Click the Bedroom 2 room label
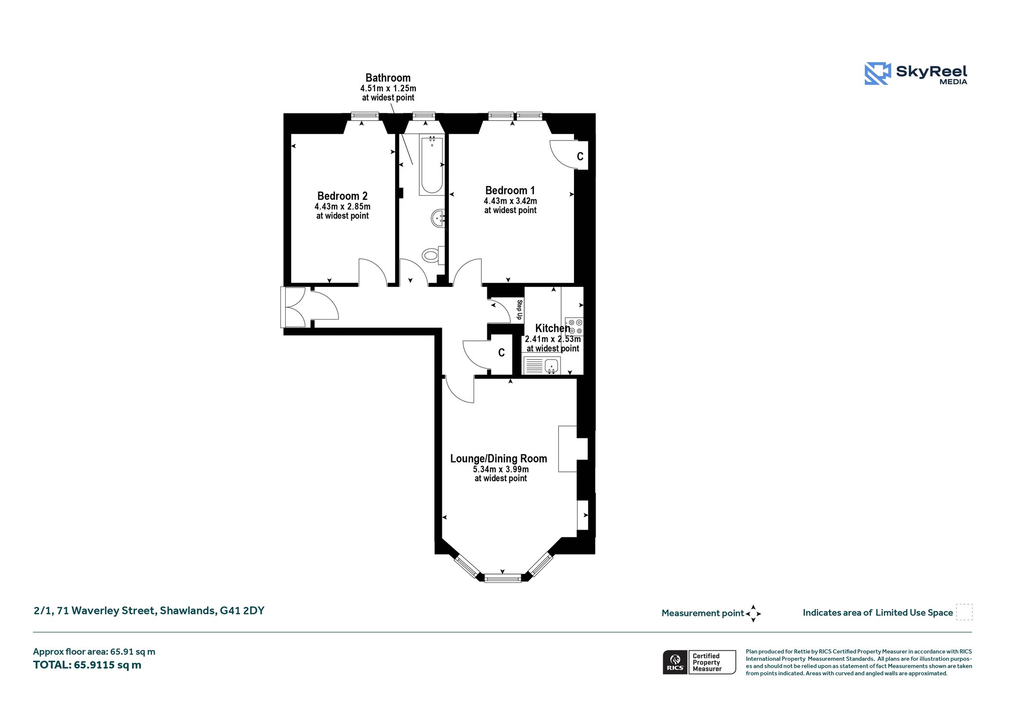pyautogui.click(x=342, y=196)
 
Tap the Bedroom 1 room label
pyautogui.click(x=510, y=190)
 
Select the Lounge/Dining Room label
pyautogui.click(x=499, y=459)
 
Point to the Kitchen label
pyautogui.click(x=553, y=328)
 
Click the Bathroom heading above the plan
pyautogui.click(x=388, y=78)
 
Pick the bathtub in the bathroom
pyautogui.click(x=432, y=165)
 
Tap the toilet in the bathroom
pyautogui.click(x=433, y=255)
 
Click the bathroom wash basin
pyautogui.click(x=438, y=218)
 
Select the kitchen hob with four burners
pyautogui.click(x=574, y=326)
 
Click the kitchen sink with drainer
pyautogui.click(x=541, y=365)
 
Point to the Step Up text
pyautogui.click(x=519, y=310)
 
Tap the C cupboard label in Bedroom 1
pyautogui.click(x=580, y=156)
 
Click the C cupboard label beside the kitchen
pyautogui.click(x=501, y=353)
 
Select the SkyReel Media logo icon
pyautogui.click(x=878, y=73)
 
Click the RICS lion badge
pyautogui.click(x=675, y=662)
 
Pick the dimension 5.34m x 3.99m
pyautogui.click(x=501, y=469)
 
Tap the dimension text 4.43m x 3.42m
pyautogui.click(x=510, y=201)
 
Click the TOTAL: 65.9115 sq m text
pyautogui.click(x=87, y=665)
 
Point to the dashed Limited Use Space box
pyautogui.click(x=964, y=612)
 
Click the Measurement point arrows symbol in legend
pyautogui.click(x=753, y=613)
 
